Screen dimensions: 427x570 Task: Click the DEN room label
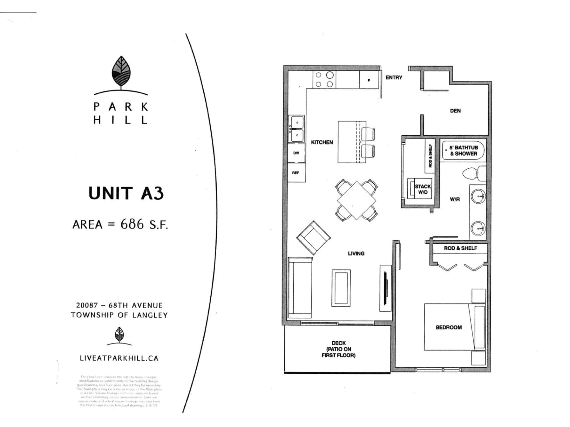coord(455,111)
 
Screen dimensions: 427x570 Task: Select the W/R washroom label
coord(455,199)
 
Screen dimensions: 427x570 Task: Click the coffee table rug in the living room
coord(341,288)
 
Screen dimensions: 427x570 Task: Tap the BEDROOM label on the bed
coord(449,327)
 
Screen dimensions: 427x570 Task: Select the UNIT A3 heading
coord(126,193)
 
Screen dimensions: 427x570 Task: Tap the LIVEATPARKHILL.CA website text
coord(119,358)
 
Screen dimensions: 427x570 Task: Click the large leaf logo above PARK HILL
coord(121,72)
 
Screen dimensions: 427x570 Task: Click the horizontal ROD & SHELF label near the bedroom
coord(460,248)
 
